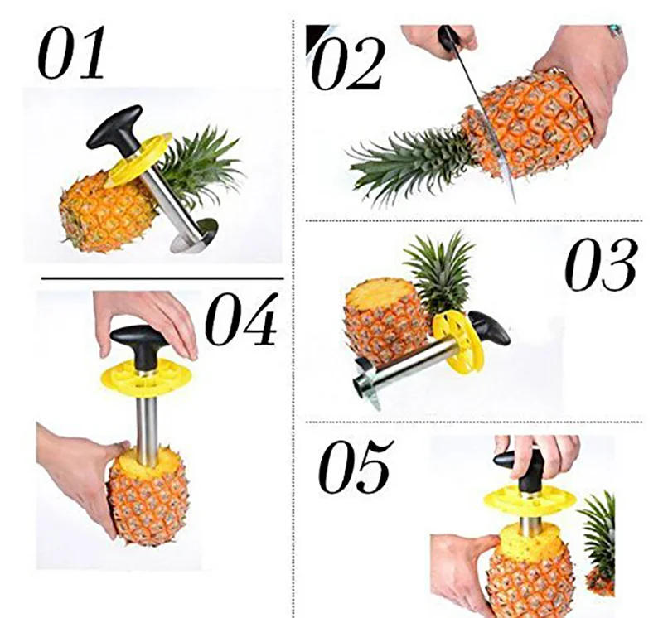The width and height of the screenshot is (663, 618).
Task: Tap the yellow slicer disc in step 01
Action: [x=141, y=159]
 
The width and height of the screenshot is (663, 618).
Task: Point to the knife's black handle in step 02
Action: [x=451, y=40]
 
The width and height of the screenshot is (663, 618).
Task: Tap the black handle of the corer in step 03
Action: [x=488, y=329]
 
